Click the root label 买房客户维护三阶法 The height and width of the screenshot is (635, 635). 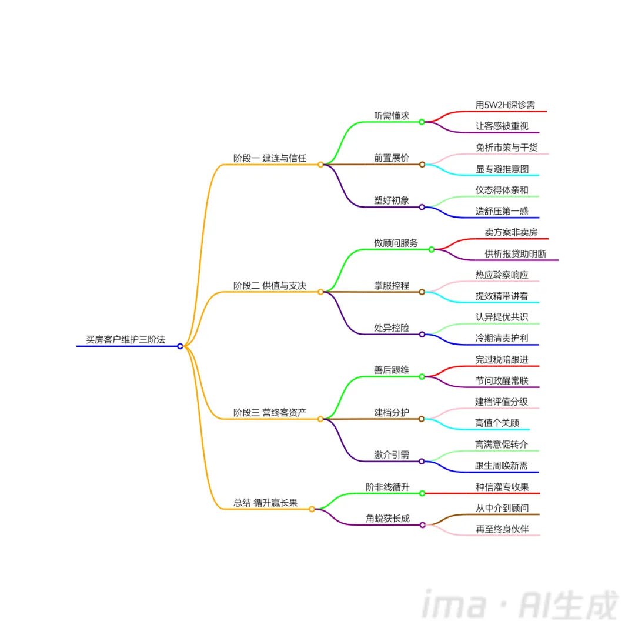[x=125, y=339]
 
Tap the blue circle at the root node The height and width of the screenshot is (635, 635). [x=181, y=346]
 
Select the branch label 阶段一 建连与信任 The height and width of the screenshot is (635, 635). [x=270, y=158]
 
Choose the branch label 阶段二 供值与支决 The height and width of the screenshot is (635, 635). [x=270, y=285]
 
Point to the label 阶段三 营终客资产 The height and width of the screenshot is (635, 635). [x=270, y=412]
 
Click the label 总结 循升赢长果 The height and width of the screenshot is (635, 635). [x=265, y=503]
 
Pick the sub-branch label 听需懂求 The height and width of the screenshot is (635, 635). [x=392, y=115]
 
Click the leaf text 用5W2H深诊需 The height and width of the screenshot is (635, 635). [x=505, y=105]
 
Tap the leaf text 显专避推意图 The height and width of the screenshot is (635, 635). [x=502, y=169]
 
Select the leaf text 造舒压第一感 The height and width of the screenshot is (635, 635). [x=502, y=211]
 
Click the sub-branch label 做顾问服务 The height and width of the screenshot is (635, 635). [x=396, y=243]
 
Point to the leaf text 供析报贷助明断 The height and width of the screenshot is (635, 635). [x=516, y=253]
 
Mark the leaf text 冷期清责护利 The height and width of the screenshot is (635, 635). [x=502, y=338]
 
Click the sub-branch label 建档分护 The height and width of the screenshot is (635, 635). [x=392, y=412]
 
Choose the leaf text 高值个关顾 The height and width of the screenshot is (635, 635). [x=497, y=423]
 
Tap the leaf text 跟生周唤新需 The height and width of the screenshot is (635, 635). [x=502, y=465]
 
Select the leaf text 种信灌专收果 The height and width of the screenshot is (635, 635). [x=502, y=487]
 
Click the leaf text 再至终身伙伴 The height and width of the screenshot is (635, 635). [x=502, y=529]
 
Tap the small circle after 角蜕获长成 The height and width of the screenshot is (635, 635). [x=422, y=525]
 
